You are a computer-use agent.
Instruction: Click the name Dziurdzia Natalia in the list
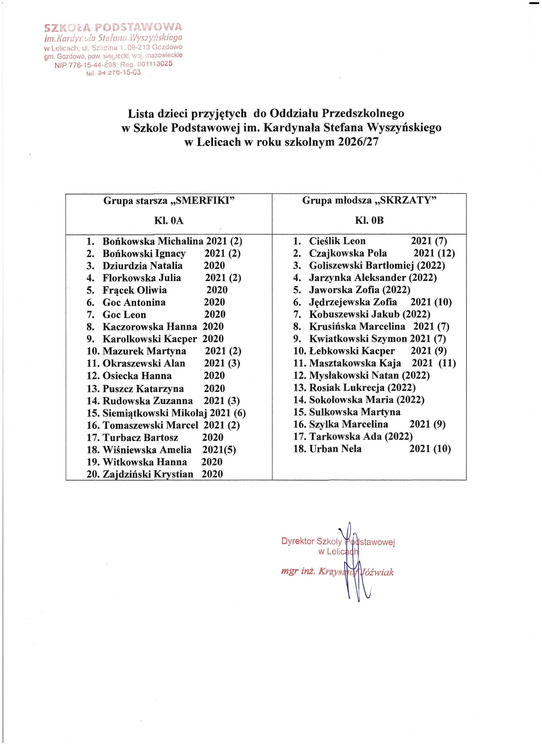pyautogui.click(x=142, y=266)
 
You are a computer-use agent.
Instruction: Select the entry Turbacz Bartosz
pyautogui.click(x=140, y=438)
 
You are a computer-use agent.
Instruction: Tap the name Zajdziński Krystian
pyautogui.click(x=148, y=474)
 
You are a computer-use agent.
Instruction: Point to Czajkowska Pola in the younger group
pyautogui.click(x=348, y=253)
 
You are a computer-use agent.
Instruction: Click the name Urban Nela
pyautogui.click(x=335, y=449)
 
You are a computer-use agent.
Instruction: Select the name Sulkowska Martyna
pyautogui.click(x=355, y=412)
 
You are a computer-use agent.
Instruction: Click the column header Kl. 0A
pyautogui.click(x=169, y=221)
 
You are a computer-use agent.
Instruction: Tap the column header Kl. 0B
pyautogui.click(x=369, y=221)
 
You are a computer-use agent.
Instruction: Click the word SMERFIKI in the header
pyautogui.click(x=203, y=201)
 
